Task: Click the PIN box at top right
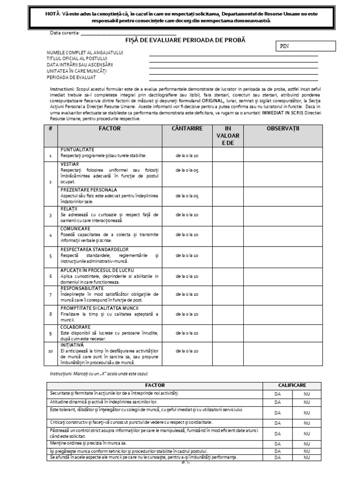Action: (x=305, y=46)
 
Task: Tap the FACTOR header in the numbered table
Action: (x=110, y=128)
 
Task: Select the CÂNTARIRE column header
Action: (x=187, y=128)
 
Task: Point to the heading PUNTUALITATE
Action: (x=78, y=149)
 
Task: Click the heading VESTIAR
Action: (x=69, y=165)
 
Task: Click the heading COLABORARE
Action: (x=75, y=327)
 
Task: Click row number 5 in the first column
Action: (x=50, y=256)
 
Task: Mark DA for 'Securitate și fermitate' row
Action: (x=277, y=394)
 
